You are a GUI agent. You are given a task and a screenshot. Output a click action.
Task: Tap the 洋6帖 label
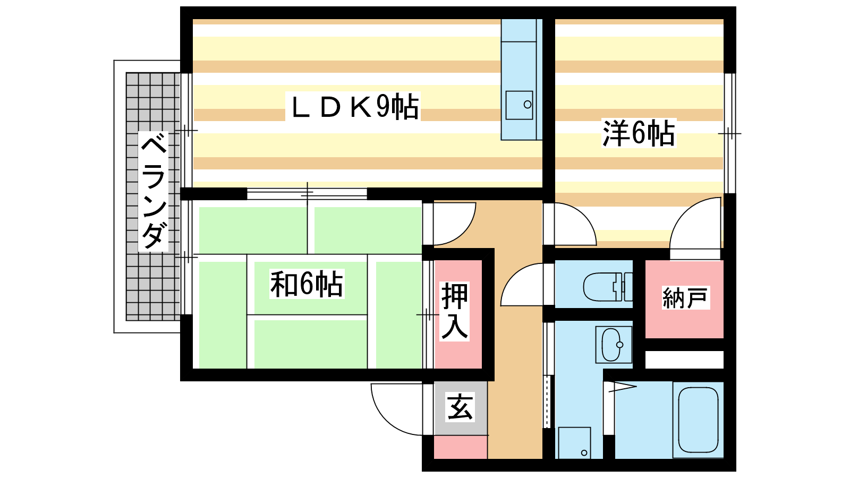[639, 133]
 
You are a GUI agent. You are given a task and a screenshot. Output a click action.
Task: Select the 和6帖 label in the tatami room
[307, 284]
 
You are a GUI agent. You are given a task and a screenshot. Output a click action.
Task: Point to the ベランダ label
[154, 191]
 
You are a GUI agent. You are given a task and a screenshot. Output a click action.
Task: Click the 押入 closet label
[455, 311]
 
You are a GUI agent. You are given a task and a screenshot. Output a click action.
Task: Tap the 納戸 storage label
[685, 298]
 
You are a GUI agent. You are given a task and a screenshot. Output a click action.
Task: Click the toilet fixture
[608, 286]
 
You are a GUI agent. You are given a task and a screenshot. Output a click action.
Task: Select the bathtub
[698, 420]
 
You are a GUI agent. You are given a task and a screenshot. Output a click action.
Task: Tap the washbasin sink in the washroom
[613, 345]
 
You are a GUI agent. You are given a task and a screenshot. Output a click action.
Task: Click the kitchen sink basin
[518, 105]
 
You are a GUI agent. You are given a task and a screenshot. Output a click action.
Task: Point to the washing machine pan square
[574, 443]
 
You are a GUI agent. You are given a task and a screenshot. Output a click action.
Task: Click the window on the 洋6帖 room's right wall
[730, 133]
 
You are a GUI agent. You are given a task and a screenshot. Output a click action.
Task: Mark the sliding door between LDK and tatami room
[307, 194]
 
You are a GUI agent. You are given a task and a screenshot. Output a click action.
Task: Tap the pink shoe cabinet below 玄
[461, 447]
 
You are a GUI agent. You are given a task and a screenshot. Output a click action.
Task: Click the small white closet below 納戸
[685, 360]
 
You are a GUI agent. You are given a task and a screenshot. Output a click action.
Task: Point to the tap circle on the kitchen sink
[528, 105]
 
